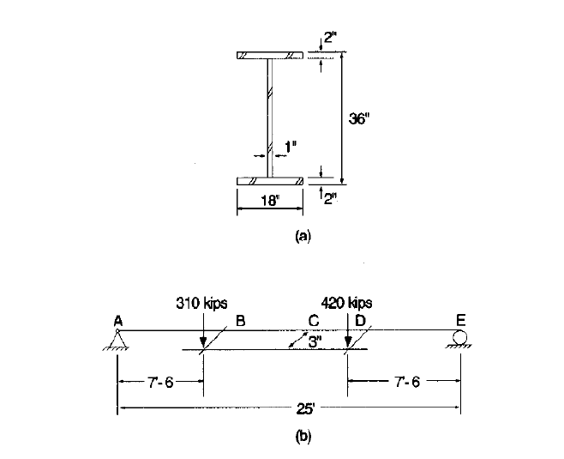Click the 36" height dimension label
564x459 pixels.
pos(359,118)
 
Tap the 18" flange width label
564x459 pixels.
pos(270,202)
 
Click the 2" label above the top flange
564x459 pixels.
pos(329,39)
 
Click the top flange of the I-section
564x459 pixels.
pos(270,57)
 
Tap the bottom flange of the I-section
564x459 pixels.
pos(270,181)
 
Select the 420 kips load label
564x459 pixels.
pos(347,303)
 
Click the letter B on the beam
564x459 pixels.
pos(241,321)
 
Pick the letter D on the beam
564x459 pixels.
pos(360,321)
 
